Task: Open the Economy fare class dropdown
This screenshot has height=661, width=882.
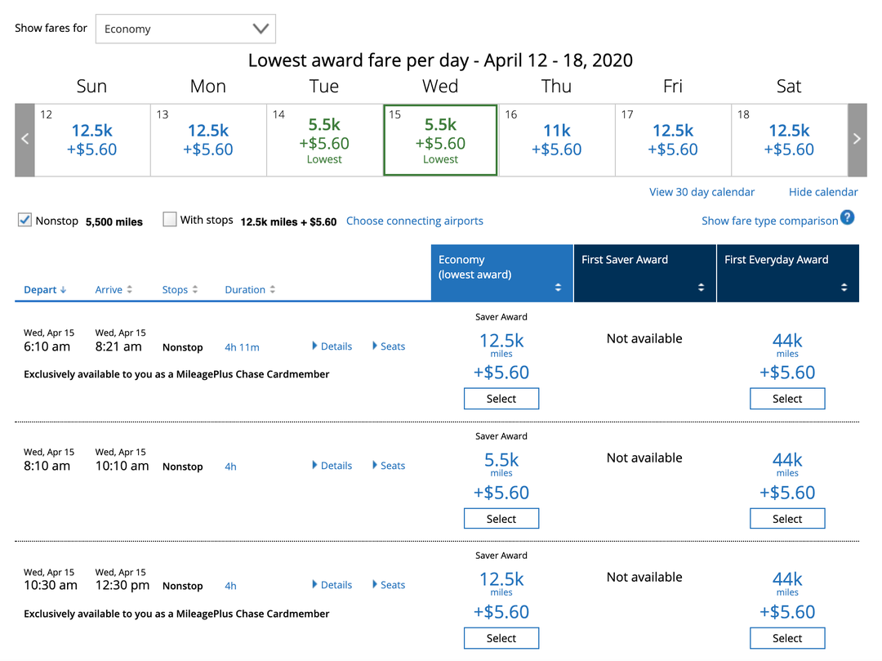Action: click(185, 29)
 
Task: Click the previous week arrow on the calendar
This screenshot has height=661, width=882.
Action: click(24, 140)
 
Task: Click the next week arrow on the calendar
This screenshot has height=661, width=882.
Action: click(857, 140)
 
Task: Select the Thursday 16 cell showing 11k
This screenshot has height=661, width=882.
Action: click(556, 140)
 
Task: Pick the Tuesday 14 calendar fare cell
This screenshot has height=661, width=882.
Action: click(324, 140)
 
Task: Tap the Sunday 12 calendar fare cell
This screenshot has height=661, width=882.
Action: click(92, 140)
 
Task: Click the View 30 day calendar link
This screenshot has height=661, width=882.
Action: click(702, 192)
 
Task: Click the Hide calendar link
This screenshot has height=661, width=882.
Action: click(823, 192)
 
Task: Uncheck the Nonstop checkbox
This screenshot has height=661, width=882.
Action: click(24, 220)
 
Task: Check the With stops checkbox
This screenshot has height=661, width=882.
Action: click(170, 219)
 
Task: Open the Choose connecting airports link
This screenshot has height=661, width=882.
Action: click(414, 221)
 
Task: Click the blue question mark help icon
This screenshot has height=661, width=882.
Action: click(848, 218)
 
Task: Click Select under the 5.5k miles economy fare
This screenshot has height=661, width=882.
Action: click(501, 519)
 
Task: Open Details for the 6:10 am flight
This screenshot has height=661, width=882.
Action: click(332, 346)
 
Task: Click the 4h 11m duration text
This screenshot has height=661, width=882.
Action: click(242, 347)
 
